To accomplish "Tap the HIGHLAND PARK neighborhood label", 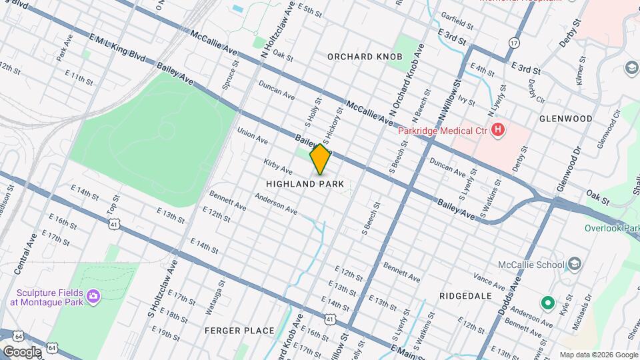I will click(305, 183).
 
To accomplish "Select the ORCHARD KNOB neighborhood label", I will click(365, 57).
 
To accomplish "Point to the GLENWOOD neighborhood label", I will click(565, 119).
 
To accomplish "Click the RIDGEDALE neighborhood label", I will click(465, 295).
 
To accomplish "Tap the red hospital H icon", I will click(497, 129).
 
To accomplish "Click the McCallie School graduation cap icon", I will click(573, 264).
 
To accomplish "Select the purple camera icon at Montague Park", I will click(93, 295).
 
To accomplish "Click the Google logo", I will click(21, 352).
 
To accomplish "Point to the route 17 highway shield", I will click(513, 43).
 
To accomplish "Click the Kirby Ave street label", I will click(278, 167).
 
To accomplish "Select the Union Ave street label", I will click(252, 136).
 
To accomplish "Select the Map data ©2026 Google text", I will click(598, 355).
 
